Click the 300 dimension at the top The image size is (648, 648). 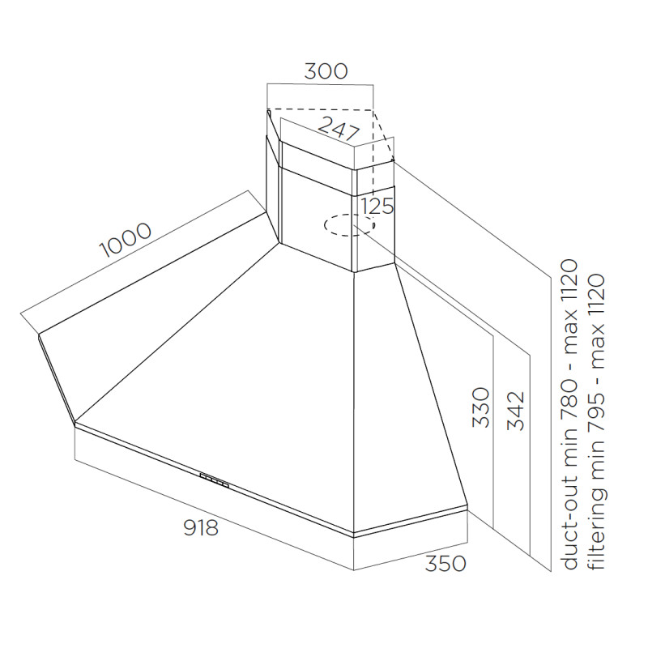coord(326,71)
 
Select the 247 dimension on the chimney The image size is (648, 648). coord(338,129)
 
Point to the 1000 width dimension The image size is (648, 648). coord(126,239)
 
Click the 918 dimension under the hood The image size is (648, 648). coord(200,528)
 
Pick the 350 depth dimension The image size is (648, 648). coord(446,563)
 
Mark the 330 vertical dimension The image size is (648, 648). coord(481,407)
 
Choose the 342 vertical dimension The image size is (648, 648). coord(515,411)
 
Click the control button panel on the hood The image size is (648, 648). coord(215,480)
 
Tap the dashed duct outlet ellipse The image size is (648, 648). coord(350,225)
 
